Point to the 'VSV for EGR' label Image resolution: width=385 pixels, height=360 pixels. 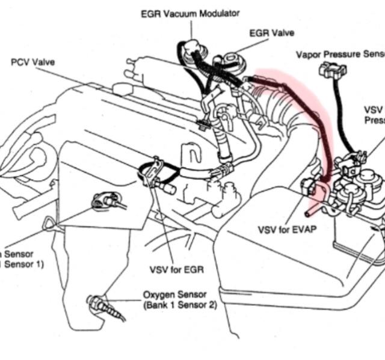coord(174,269)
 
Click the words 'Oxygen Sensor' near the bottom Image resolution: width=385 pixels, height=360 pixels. coord(175,295)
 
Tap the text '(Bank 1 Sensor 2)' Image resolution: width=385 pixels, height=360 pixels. coord(180,305)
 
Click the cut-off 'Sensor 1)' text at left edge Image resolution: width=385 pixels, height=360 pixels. coord(22,264)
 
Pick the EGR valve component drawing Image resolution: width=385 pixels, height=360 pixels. coord(232,60)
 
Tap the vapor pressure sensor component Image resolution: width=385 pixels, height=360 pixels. coord(333,69)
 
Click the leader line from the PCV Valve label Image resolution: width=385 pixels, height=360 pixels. coord(120,93)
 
